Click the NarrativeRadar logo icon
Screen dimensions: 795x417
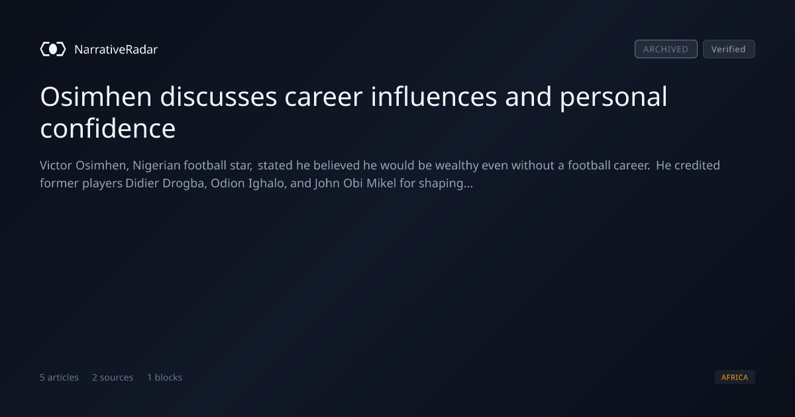click(x=53, y=49)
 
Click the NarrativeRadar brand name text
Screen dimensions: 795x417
click(x=116, y=50)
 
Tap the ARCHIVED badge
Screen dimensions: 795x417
click(x=666, y=49)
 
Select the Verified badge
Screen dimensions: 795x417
click(x=729, y=49)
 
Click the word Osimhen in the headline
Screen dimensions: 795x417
click(x=96, y=97)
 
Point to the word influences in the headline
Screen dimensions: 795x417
click(x=434, y=97)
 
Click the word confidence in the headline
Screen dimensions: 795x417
click(x=108, y=128)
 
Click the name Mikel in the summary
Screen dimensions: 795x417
click(x=381, y=183)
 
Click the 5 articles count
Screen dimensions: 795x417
click(x=59, y=377)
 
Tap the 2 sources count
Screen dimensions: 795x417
click(x=113, y=377)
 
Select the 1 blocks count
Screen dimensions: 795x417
click(x=165, y=377)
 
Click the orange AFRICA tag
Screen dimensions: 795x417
click(x=735, y=377)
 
